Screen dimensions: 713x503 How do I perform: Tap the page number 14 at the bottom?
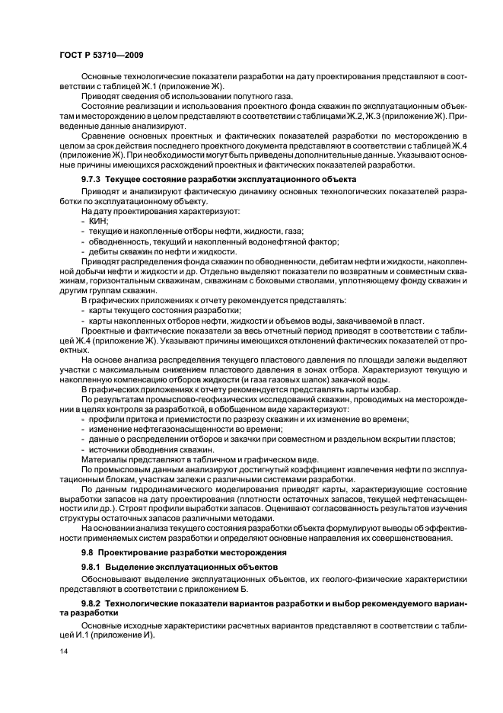coord(65,652)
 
